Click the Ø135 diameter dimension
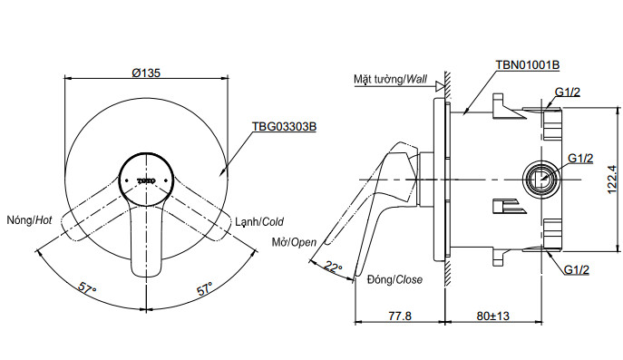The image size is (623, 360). [145, 73]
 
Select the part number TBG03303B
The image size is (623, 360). [285, 127]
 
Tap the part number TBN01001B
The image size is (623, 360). [527, 65]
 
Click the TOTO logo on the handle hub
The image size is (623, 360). [148, 180]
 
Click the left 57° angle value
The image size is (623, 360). [87, 288]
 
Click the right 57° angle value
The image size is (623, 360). [205, 288]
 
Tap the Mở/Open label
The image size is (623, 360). [294, 242]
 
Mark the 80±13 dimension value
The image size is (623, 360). [496, 316]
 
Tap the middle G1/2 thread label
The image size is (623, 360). [580, 157]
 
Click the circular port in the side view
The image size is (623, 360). [542, 179]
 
